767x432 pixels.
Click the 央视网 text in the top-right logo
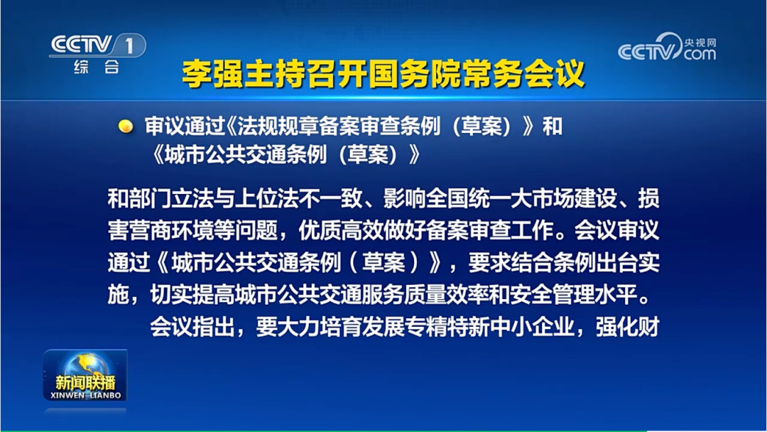700,41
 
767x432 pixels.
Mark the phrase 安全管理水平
587,294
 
